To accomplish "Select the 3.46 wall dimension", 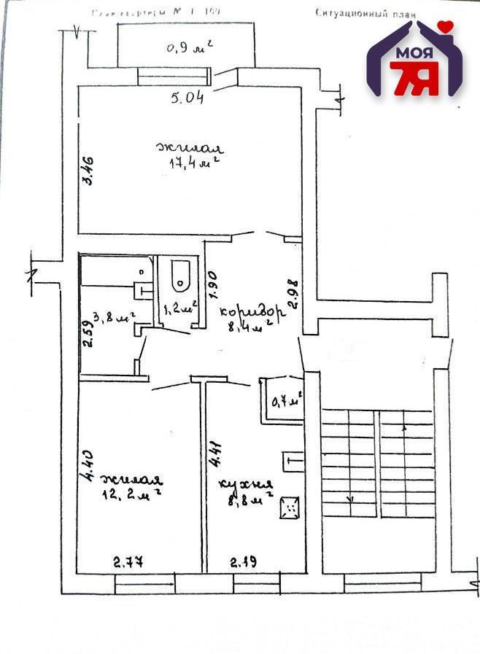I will point(87,171).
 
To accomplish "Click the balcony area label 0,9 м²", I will point(189,48).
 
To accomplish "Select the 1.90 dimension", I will point(212,286).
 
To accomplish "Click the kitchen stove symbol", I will point(290,507).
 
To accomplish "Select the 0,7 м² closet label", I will point(286,400).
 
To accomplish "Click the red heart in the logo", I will point(446,27).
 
